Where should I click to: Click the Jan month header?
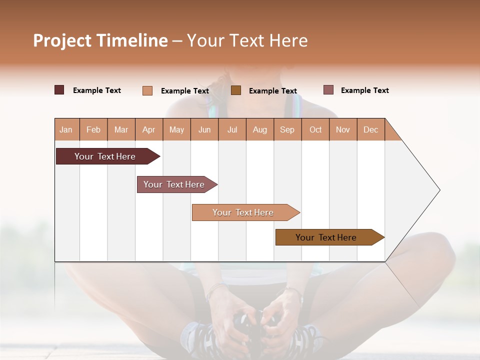pos(66,130)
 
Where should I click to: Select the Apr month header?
pos(148,130)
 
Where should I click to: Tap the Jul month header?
pos(232,130)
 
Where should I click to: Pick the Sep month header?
pos(287,130)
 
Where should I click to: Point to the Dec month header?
pos(370,130)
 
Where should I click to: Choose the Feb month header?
pos(93,130)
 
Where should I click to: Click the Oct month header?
pos(315,130)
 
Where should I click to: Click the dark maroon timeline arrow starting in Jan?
pos(105,156)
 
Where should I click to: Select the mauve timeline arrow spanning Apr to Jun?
pos(174,184)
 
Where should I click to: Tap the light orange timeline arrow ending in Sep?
pos(243,212)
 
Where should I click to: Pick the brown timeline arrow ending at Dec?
pos(326,237)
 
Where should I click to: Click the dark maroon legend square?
pos(59,90)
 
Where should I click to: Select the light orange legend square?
pos(147,90)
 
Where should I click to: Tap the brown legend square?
pos(236,90)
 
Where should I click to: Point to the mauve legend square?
pos(328,90)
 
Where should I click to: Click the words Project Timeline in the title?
pos(100,40)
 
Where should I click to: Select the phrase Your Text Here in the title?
pos(247,40)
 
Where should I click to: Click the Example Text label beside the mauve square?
pos(364,90)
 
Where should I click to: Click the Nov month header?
pos(343,130)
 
